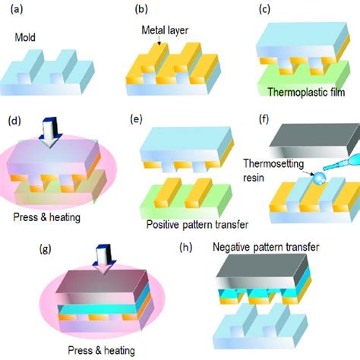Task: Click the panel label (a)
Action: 17,10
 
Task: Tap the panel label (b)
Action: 141,10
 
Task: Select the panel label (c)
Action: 264,9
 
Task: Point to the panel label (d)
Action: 14,122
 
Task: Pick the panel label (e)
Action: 136,119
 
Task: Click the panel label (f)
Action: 264,119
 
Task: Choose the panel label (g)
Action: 46,249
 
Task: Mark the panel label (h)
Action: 186,248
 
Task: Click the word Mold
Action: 25,37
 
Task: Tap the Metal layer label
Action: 165,30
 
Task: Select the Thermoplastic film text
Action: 306,92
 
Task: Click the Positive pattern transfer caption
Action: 197,225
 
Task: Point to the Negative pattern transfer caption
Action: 266,247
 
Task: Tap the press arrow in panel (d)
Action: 50,132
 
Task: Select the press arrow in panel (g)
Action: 104,259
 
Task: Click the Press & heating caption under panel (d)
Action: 47,217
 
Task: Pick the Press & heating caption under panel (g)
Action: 101,351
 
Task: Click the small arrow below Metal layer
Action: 159,40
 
